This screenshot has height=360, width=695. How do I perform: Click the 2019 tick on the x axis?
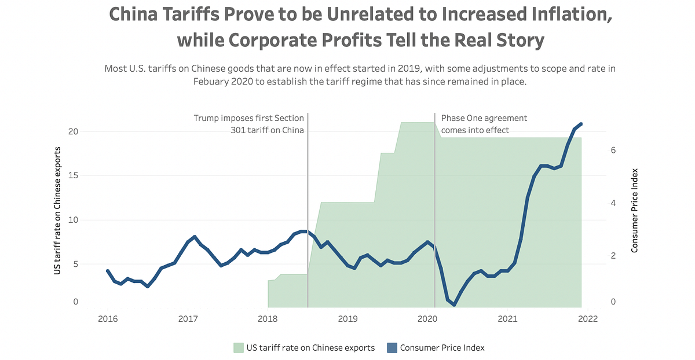pos(348,318)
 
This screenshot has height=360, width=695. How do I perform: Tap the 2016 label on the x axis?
pos(107,318)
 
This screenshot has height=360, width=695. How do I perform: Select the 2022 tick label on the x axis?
pos(587,318)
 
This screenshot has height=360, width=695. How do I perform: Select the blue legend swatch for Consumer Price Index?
pos(392,348)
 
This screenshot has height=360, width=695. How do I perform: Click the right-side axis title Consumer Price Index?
pos(635,210)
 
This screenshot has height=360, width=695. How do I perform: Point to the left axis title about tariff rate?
pos(57,210)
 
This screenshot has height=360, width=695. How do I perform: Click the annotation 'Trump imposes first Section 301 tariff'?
pos(248,124)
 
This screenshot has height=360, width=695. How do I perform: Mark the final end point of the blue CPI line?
pos(581,124)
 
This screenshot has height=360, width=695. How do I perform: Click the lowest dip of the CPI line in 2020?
pos(455,304)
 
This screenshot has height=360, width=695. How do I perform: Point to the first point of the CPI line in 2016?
pos(108,271)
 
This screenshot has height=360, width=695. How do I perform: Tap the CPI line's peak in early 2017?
pos(195,237)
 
